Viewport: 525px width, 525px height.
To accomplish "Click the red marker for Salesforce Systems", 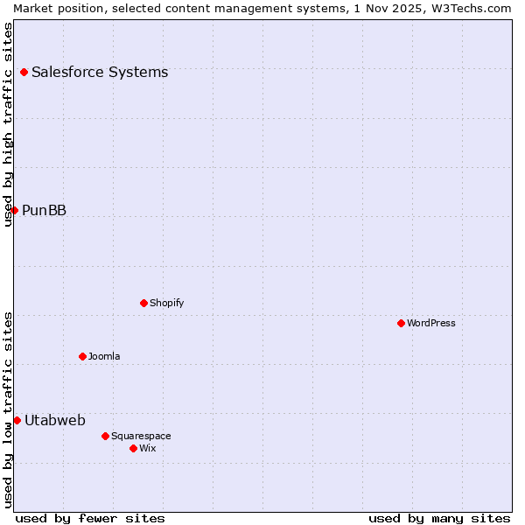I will point(24,72).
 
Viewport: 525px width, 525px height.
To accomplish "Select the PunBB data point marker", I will point(14,210).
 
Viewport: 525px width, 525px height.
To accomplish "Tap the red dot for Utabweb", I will point(17,420).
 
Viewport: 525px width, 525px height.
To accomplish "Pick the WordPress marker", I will point(401,323).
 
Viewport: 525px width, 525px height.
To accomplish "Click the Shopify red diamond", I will point(143,303).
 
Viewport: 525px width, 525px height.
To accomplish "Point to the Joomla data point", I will point(82,356).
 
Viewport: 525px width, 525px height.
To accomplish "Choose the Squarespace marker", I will point(105,436).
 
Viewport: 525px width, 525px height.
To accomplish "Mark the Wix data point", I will point(133,448).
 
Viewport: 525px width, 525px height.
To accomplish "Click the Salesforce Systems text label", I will point(100,72).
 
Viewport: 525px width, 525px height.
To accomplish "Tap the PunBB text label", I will point(45,210).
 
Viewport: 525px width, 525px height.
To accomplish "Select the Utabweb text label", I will point(55,420).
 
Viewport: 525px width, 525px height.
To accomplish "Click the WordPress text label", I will point(431,323).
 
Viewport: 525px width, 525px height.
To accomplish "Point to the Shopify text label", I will point(167,303).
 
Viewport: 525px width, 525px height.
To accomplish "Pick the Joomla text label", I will point(104,356).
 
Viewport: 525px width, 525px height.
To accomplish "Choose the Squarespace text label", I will point(141,436).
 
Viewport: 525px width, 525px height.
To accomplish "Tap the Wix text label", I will point(148,448).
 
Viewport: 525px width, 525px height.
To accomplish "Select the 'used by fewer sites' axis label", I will point(90,518).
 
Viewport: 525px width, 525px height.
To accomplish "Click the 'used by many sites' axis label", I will point(439,518).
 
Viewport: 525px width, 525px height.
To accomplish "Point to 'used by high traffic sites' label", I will point(8,124).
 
